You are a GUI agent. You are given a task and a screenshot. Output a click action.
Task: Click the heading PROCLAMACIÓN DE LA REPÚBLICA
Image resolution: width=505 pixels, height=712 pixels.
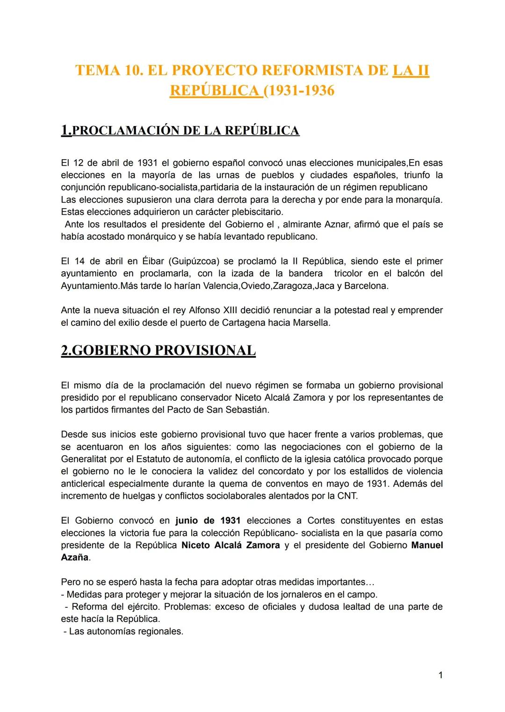[x=185, y=130]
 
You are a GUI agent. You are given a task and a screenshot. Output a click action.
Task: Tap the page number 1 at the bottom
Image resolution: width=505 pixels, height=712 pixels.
[x=440, y=675]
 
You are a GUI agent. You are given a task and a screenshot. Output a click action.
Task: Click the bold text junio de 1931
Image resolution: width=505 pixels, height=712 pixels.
[x=208, y=521]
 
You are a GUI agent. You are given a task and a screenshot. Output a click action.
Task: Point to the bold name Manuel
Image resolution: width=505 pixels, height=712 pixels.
[x=426, y=545]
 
